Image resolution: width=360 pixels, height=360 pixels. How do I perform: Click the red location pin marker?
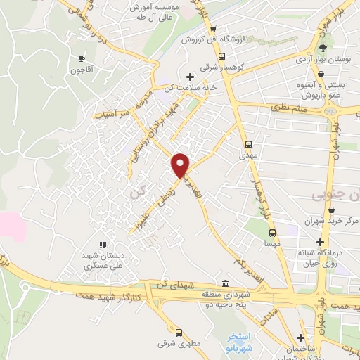[x=181, y=165]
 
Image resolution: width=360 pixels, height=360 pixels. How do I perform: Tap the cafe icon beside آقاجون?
[x=82, y=58]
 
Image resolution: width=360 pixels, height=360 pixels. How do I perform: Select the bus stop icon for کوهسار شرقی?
[x=222, y=56]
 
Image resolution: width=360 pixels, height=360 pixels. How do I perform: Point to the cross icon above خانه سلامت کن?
[x=189, y=76]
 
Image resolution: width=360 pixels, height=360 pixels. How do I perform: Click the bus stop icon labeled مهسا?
[x=272, y=232]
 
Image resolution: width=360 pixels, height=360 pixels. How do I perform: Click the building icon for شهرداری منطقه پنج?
[x=224, y=280]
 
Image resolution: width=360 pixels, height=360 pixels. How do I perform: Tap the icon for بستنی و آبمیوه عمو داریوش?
[x=320, y=73]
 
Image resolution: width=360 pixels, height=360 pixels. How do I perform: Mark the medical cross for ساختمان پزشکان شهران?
[x=301, y=337]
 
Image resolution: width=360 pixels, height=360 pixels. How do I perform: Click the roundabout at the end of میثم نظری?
[x=330, y=110]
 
